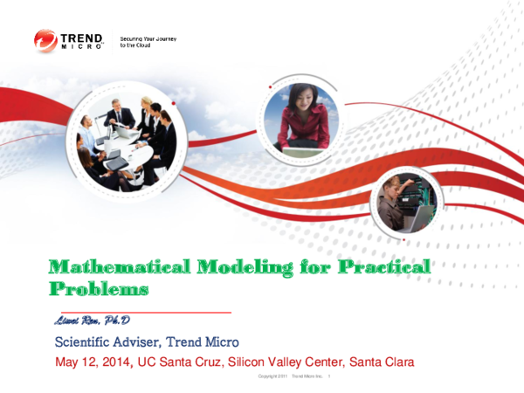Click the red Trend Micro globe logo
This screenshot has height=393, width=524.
(45, 41)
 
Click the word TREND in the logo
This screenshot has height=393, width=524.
(84, 38)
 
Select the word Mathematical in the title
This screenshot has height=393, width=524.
(107, 266)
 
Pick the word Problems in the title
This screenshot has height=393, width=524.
(98, 287)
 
